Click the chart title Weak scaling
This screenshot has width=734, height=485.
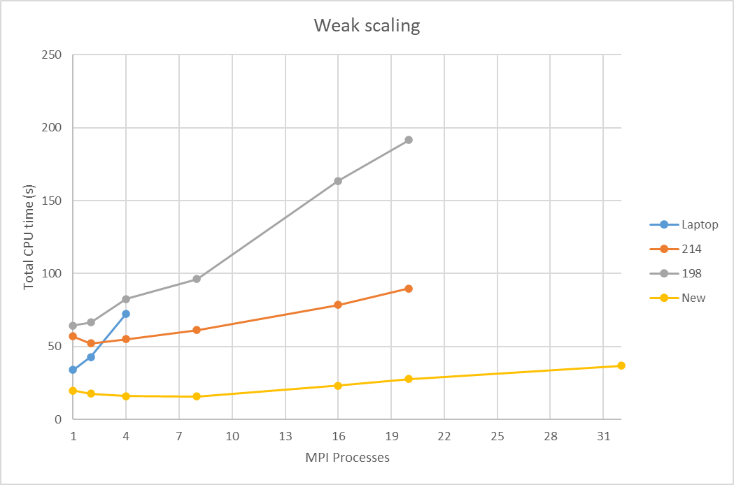[367, 26]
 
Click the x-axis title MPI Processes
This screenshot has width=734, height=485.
[347, 458]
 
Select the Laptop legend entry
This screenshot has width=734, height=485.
[699, 225]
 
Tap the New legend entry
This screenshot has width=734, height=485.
[693, 298]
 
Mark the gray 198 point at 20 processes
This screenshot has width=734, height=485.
[409, 140]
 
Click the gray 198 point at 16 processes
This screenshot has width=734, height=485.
[338, 181]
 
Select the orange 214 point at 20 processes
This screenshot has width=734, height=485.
[409, 289]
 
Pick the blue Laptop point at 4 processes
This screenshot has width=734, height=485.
[126, 314]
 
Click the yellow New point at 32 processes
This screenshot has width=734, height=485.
[621, 365]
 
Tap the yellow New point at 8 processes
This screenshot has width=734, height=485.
[197, 396]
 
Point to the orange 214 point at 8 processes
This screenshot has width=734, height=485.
[197, 330]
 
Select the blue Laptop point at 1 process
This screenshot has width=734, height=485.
[73, 370]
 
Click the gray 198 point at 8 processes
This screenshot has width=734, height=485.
[197, 279]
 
